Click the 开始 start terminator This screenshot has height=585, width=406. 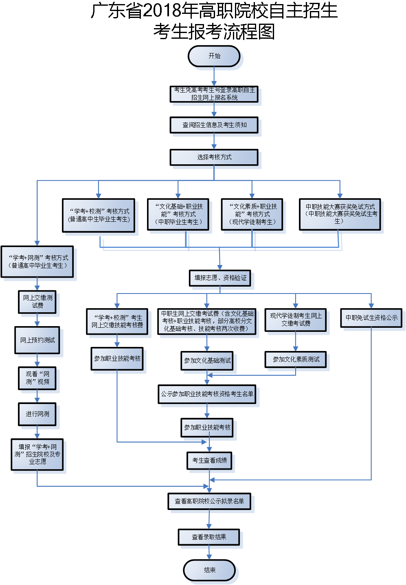[214, 56]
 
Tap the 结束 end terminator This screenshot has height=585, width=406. [210, 570]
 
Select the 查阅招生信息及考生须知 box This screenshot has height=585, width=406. [214, 125]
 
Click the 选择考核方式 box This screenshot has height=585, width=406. [214, 157]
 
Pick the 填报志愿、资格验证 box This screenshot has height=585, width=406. [220, 278]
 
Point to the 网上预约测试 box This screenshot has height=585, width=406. [37, 340]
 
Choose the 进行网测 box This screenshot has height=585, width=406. [37, 414]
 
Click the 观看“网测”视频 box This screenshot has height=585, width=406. [37, 378]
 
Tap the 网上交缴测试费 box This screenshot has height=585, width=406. [37, 302]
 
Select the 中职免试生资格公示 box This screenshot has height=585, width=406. [371, 318]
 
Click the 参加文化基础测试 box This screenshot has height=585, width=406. [207, 361]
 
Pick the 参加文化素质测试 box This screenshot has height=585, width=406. [296, 360]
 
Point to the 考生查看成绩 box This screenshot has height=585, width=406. [210, 461]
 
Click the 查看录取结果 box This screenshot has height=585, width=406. [209, 537]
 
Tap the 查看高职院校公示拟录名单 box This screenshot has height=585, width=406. [209, 501]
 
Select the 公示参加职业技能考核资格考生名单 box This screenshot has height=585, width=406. [207, 394]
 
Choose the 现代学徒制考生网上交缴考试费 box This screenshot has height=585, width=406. [296, 320]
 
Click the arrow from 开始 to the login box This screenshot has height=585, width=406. [214, 77]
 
